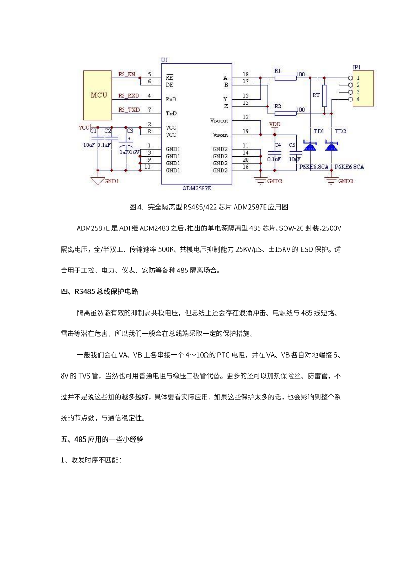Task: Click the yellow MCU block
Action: point(98,95)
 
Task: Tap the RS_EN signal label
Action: point(127,75)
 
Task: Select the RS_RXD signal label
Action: point(129,96)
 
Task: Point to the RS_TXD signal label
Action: point(129,110)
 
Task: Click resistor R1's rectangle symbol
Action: point(285,78)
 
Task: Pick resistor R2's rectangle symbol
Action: point(285,114)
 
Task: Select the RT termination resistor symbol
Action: point(324,96)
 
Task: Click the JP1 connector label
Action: point(357,67)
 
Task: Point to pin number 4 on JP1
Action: point(358,99)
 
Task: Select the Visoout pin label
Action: point(219,120)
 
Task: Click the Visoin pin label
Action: point(220,135)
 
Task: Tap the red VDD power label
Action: point(275,124)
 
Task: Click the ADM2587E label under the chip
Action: point(197,188)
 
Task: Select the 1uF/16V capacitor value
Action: point(130,152)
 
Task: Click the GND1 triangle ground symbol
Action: point(98,181)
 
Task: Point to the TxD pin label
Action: point(171,114)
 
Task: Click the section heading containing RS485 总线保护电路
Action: point(99,291)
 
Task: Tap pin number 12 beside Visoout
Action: point(246,117)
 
